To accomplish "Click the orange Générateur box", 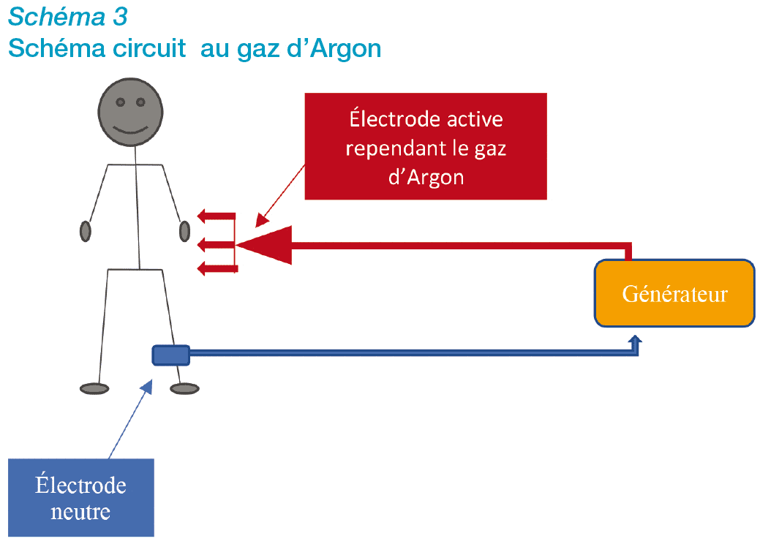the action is (x=674, y=293).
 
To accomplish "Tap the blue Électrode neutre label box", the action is (x=81, y=497).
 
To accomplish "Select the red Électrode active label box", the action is (x=426, y=146).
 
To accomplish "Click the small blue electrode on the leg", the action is (x=170, y=355).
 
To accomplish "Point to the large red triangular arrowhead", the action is (x=266, y=245).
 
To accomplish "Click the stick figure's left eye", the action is (x=120, y=102).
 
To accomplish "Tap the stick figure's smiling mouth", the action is (x=130, y=130).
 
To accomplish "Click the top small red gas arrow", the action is (x=217, y=216).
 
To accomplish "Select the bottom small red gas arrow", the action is (x=218, y=268).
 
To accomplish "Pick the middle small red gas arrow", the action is (x=217, y=245).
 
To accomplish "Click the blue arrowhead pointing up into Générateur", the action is (x=635, y=341).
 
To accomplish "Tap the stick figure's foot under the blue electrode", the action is (x=184, y=388).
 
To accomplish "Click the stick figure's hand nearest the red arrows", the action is (x=184, y=231).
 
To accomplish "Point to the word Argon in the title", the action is (x=345, y=48).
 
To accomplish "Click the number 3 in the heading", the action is (x=120, y=17).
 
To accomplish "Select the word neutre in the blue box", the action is (x=80, y=512).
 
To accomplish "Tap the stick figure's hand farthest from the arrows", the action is (x=86, y=231).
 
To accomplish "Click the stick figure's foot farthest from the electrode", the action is (x=94, y=388).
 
